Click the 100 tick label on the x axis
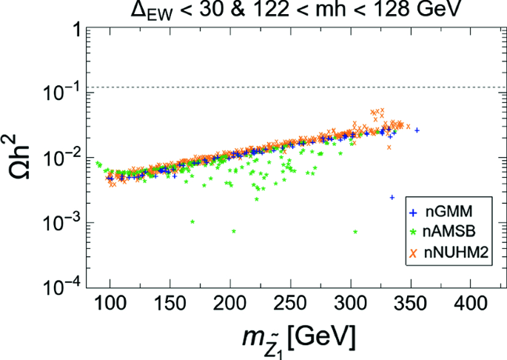[110, 303]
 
